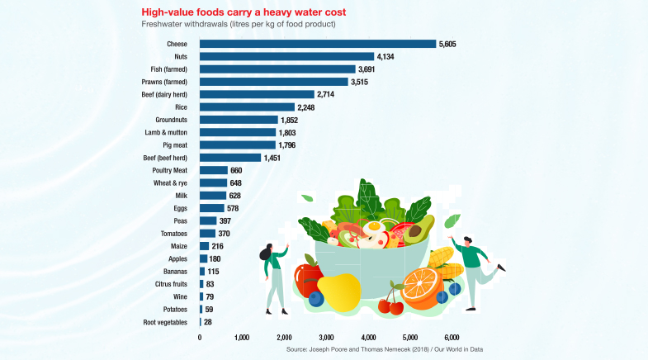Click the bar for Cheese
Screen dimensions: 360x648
(318, 44)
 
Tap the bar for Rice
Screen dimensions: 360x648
(247, 107)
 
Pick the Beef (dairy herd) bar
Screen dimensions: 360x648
(257, 94)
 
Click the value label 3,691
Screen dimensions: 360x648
(371, 69)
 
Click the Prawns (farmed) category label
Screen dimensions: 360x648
(164, 82)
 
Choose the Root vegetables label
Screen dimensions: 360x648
(165, 322)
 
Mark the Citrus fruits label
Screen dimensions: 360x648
(169, 284)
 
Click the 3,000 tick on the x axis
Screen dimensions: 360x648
(326, 338)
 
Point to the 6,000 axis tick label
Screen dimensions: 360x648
(452, 338)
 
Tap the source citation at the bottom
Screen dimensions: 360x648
(385, 350)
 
